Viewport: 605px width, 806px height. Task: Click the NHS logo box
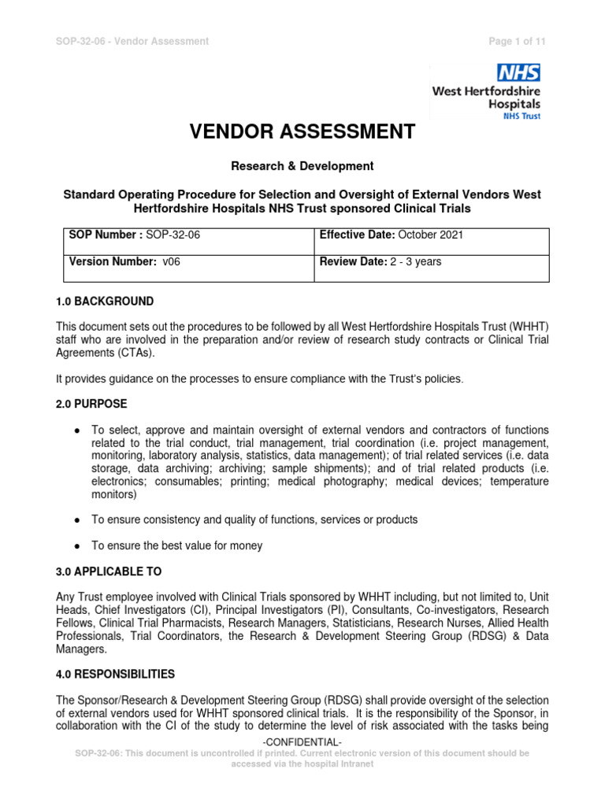[x=518, y=73]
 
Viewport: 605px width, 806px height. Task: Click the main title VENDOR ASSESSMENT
[x=302, y=131]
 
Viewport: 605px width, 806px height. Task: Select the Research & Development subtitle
[x=302, y=166]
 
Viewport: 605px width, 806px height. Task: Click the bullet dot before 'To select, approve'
[x=76, y=431]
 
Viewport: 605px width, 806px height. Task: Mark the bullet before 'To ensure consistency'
[x=76, y=520]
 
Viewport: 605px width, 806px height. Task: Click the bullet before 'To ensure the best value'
[x=76, y=545]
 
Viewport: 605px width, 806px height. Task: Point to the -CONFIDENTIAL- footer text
[x=302, y=743]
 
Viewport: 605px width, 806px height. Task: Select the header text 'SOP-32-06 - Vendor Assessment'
[x=132, y=41]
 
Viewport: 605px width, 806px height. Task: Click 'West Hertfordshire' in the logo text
[x=485, y=91]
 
